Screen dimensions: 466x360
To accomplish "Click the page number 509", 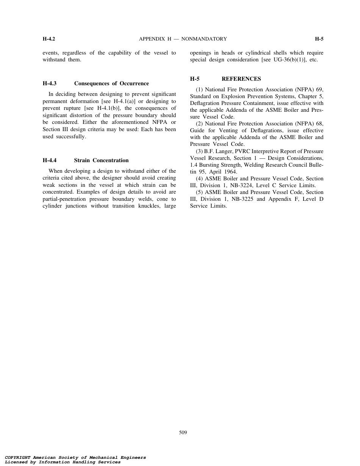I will [183, 433].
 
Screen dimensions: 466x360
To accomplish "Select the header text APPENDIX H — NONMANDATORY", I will [183, 39].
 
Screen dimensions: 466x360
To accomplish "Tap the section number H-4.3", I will [49, 83].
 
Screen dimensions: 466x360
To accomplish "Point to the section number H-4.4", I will [49, 160].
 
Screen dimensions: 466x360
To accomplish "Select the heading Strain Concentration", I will [101, 160].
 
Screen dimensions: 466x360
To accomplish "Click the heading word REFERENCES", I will [241, 79].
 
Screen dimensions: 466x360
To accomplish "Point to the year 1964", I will [230, 172].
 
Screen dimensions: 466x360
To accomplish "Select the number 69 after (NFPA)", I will [319, 89].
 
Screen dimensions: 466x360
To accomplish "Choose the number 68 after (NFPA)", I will [319, 124].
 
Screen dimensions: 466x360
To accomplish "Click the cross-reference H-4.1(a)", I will [125, 101].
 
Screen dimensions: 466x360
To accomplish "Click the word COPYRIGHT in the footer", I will [18, 458].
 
